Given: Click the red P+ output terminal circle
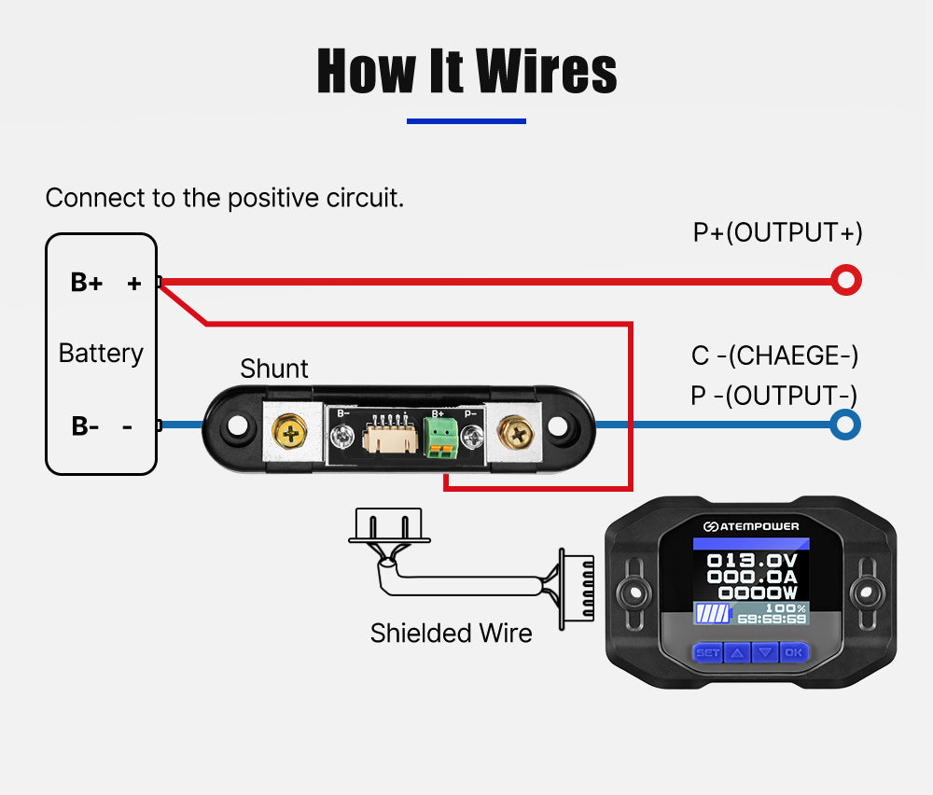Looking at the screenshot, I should tap(845, 280).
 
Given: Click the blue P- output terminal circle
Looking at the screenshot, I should tap(845, 425).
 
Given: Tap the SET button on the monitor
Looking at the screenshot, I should tap(708, 652).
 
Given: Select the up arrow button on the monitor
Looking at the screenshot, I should tap(737, 652).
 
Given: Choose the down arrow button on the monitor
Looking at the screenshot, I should tap(765, 652).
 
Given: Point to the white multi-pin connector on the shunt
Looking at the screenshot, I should tap(383, 436).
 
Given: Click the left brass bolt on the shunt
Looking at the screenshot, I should tap(292, 431).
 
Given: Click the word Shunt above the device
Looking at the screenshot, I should tap(274, 369).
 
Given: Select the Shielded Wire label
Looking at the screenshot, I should tap(451, 634).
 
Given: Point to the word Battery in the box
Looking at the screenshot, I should tap(101, 354).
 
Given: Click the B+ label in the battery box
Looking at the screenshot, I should tap(87, 283).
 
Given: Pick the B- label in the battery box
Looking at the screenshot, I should tap(86, 426).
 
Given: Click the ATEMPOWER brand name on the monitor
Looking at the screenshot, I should tap(757, 526).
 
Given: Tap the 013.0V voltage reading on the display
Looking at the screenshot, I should tap(752, 562).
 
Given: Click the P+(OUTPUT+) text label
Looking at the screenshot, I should tap(777, 232).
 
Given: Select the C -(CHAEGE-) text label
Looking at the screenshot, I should tap(774, 356).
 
